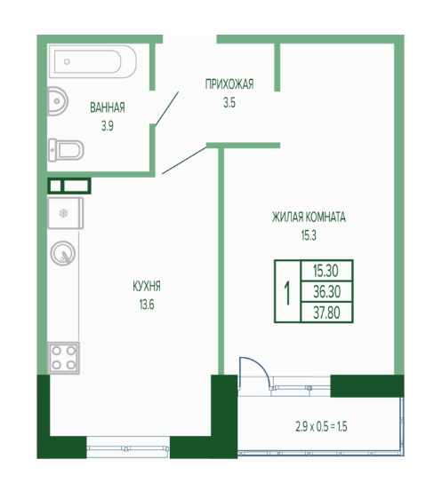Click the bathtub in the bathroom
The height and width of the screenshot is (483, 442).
[92, 61]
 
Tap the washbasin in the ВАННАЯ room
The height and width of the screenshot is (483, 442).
[58, 101]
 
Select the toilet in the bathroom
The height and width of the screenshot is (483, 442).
[66, 150]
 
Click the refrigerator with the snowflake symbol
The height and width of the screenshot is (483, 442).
[66, 213]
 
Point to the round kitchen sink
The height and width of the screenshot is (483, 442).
[63, 253]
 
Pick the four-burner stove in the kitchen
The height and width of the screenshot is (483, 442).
[63, 358]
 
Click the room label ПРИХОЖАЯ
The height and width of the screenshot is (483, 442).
[229, 84]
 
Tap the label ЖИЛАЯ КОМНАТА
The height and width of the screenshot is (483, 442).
[309, 218]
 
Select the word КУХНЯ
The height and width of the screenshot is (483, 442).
[147, 286]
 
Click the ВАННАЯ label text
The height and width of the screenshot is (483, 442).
[108, 107]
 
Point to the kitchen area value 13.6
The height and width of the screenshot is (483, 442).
[147, 305]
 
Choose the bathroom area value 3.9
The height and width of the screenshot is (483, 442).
[108, 126]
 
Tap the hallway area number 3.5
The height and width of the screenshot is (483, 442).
[229, 103]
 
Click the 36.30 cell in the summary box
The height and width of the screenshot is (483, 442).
[326, 291]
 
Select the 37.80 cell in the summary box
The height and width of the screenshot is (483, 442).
[326, 313]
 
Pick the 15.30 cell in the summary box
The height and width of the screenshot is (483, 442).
[326, 271]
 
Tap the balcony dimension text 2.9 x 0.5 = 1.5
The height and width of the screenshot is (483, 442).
[321, 427]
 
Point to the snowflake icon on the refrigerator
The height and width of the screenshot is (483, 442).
[63, 213]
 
